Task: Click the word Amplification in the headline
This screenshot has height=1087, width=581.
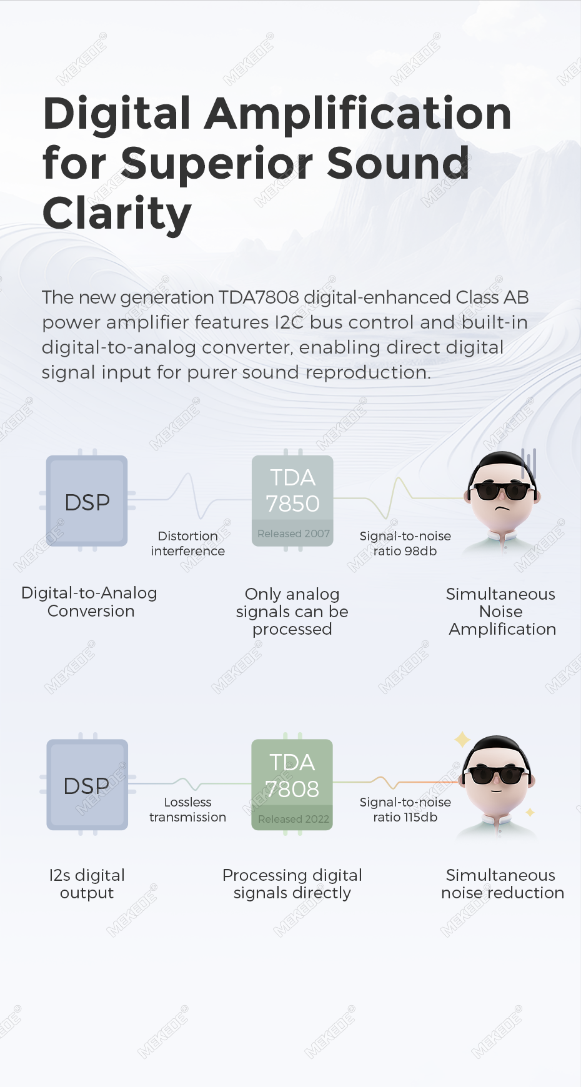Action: point(358,114)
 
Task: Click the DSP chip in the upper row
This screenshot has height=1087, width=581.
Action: point(87,501)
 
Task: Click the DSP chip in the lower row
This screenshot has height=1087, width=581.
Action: point(87,785)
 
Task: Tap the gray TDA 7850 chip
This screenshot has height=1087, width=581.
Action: point(292,500)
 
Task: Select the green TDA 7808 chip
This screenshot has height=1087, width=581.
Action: point(292,785)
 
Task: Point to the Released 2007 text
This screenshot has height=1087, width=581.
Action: point(294,534)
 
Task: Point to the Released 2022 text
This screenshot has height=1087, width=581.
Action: point(294,819)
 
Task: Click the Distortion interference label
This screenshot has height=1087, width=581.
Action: point(188,543)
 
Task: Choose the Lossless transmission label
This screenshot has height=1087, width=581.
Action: point(188,810)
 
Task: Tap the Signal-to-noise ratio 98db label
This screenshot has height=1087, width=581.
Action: point(405,543)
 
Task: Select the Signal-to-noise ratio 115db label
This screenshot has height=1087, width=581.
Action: point(405,810)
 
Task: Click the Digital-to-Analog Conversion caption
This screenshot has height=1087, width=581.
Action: point(89,602)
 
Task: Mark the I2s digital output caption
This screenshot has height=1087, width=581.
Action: point(87,884)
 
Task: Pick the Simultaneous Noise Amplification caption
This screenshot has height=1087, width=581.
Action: point(502,612)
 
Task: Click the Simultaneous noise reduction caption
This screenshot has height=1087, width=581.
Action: point(502,884)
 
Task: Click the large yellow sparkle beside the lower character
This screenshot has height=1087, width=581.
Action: point(462,740)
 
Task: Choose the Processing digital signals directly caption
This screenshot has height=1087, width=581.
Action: point(292,884)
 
